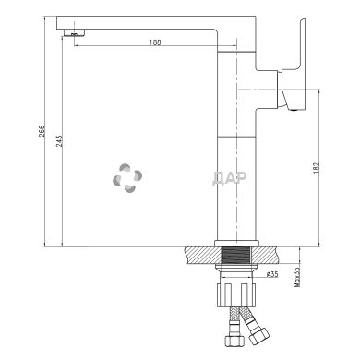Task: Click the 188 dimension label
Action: pos(155,42)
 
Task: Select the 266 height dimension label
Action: pos(42,131)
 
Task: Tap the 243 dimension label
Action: pos(59,140)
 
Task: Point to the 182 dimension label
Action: pos(318,168)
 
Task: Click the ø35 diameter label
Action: pos(272,274)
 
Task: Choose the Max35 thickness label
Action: pos(297,277)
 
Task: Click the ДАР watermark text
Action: pos(229,178)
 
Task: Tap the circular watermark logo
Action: pos(127,178)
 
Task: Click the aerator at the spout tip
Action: pos(75,33)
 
